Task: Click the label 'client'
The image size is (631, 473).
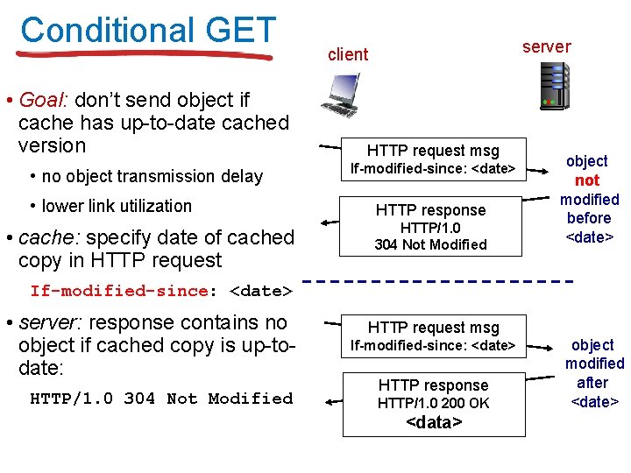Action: (x=348, y=54)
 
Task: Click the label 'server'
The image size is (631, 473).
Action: (x=546, y=46)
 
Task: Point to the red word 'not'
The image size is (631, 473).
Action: (x=586, y=180)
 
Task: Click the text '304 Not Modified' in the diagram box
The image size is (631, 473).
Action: (x=430, y=245)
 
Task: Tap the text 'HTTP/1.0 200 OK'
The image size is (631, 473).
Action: (x=433, y=404)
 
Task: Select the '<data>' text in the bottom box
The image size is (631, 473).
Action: (x=433, y=423)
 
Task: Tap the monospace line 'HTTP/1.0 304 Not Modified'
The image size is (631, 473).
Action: (x=161, y=399)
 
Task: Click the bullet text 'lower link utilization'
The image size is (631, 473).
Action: (x=117, y=207)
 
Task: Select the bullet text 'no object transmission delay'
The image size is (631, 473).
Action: (x=152, y=176)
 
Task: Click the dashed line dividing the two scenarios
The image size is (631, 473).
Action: (x=438, y=282)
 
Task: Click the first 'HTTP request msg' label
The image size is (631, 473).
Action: (x=433, y=150)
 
